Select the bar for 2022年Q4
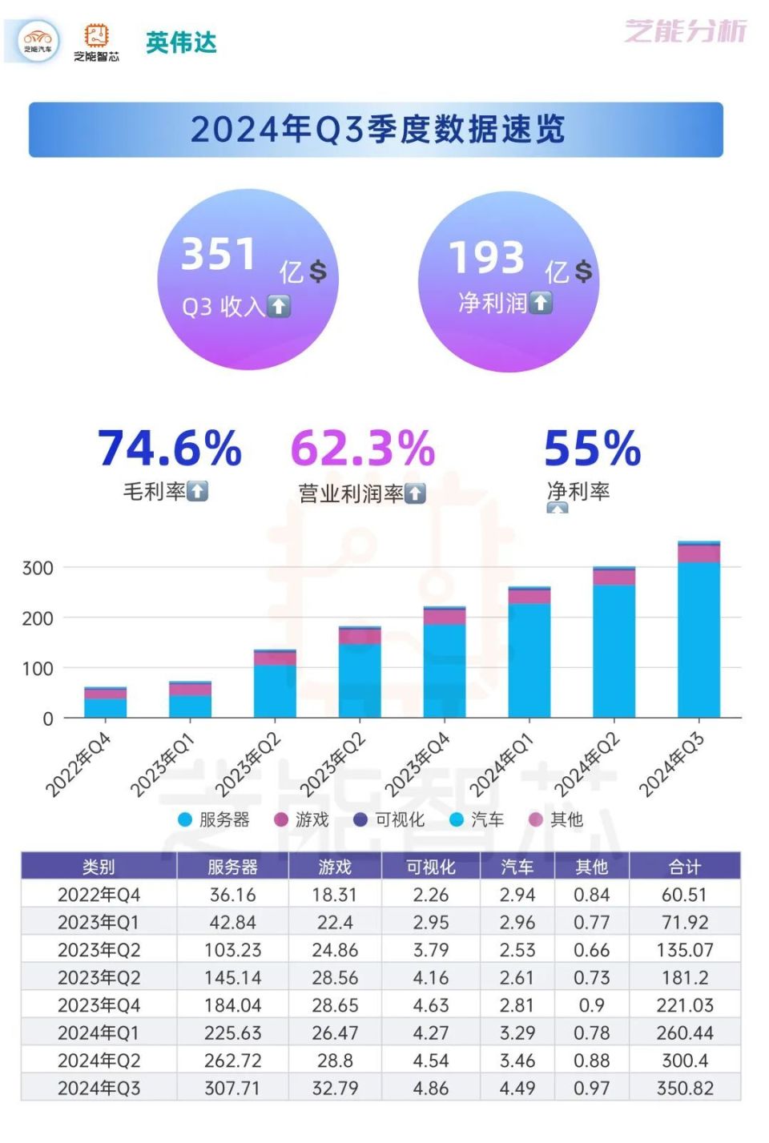click(x=105, y=702)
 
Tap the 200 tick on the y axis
click(x=38, y=618)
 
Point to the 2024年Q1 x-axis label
click(x=501, y=766)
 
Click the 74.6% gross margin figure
click(x=170, y=448)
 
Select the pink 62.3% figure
click(x=362, y=448)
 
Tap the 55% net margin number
click(x=592, y=448)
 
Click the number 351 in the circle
click(x=218, y=255)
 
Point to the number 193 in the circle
click(x=486, y=258)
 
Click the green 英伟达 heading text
click(x=181, y=42)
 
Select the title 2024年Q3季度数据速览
click(x=376, y=130)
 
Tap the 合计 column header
click(x=684, y=867)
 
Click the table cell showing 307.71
click(x=232, y=1088)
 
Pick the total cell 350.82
click(x=684, y=1088)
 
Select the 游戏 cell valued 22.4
click(x=335, y=922)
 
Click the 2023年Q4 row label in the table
click(x=99, y=1005)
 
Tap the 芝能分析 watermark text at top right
click(x=685, y=31)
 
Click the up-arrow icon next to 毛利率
click(x=198, y=491)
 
